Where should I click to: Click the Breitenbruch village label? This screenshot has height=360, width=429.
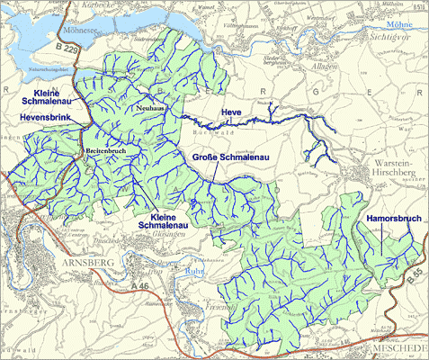coord(105,150)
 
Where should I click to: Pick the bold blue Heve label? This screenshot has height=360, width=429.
coord(232,112)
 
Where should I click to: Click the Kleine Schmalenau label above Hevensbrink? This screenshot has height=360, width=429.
coord(45,99)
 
